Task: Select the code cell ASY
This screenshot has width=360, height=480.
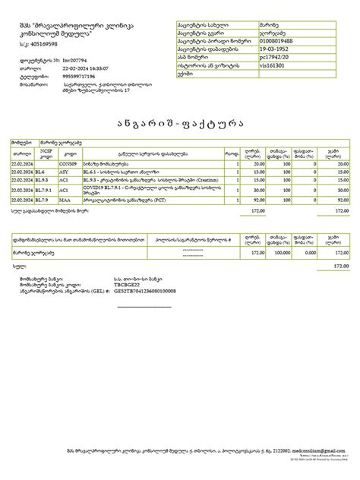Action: click(65, 172)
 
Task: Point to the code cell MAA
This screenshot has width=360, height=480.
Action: click(65, 200)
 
